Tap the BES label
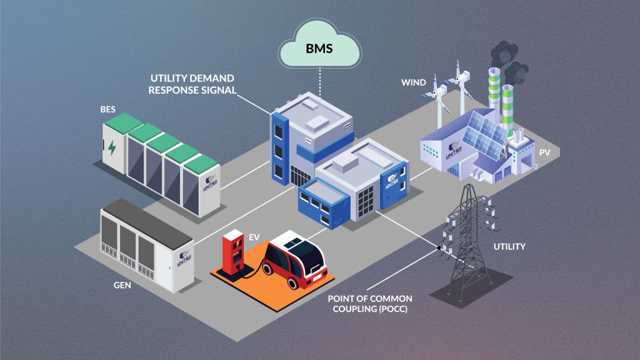(x=107, y=109)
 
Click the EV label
(x=254, y=237)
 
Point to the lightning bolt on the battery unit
(x=111, y=148)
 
